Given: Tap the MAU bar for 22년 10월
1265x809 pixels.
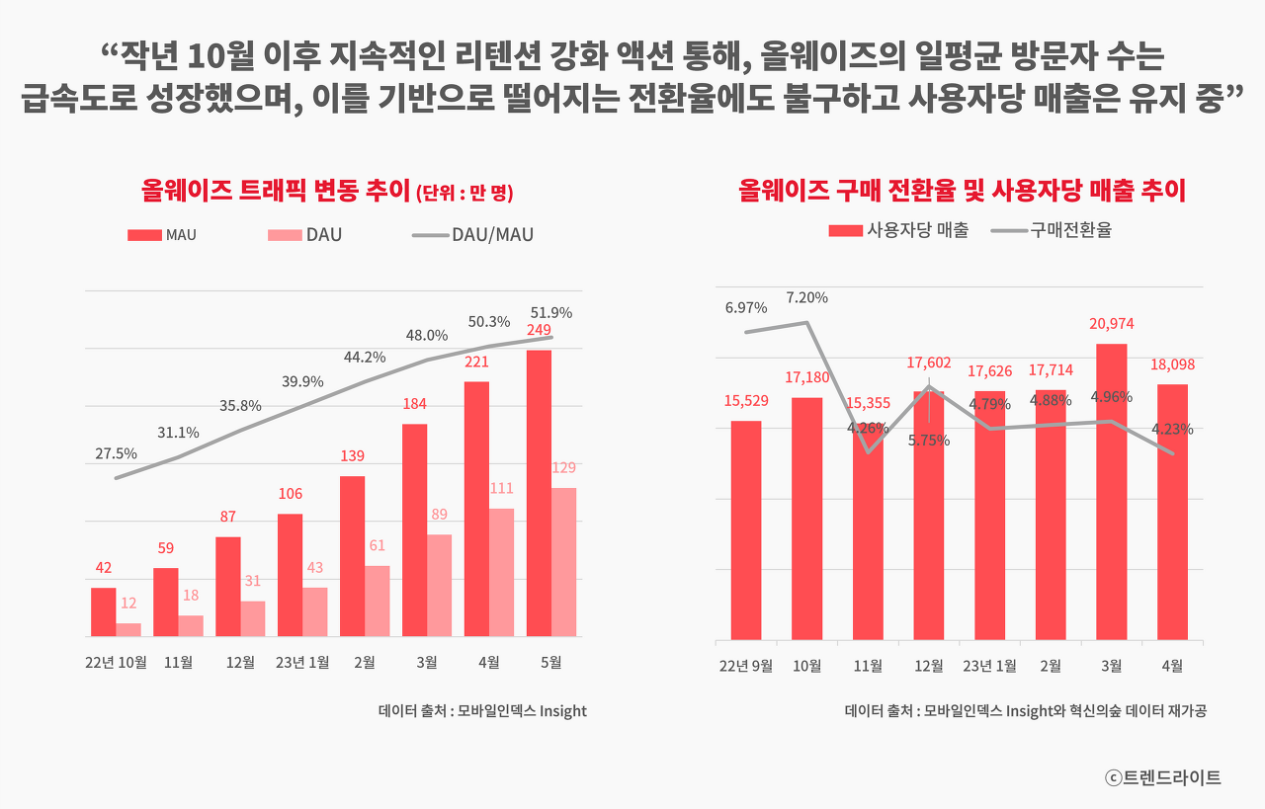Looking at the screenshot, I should [x=104, y=611].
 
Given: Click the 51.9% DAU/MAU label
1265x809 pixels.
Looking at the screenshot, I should [x=551, y=312].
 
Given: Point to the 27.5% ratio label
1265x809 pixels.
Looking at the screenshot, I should [x=117, y=453].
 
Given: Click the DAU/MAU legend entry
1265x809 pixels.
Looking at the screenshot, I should [x=472, y=235].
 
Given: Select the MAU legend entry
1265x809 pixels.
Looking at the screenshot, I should [x=162, y=235].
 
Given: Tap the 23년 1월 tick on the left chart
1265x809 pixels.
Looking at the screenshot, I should [x=302, y=663].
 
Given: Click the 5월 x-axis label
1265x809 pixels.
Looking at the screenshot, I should [x=550, y=663].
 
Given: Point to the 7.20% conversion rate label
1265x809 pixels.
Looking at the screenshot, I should [x=807, y=297].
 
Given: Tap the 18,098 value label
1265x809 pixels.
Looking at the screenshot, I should [x=1172, y=364].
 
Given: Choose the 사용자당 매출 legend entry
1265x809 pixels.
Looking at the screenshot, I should [x=898, y=230].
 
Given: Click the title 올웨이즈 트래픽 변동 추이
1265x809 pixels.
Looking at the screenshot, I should [x=327, y=191].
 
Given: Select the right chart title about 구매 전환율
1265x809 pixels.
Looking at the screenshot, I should [x=962, y=190].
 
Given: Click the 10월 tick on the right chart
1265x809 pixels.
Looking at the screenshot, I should [x=807, y=666].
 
